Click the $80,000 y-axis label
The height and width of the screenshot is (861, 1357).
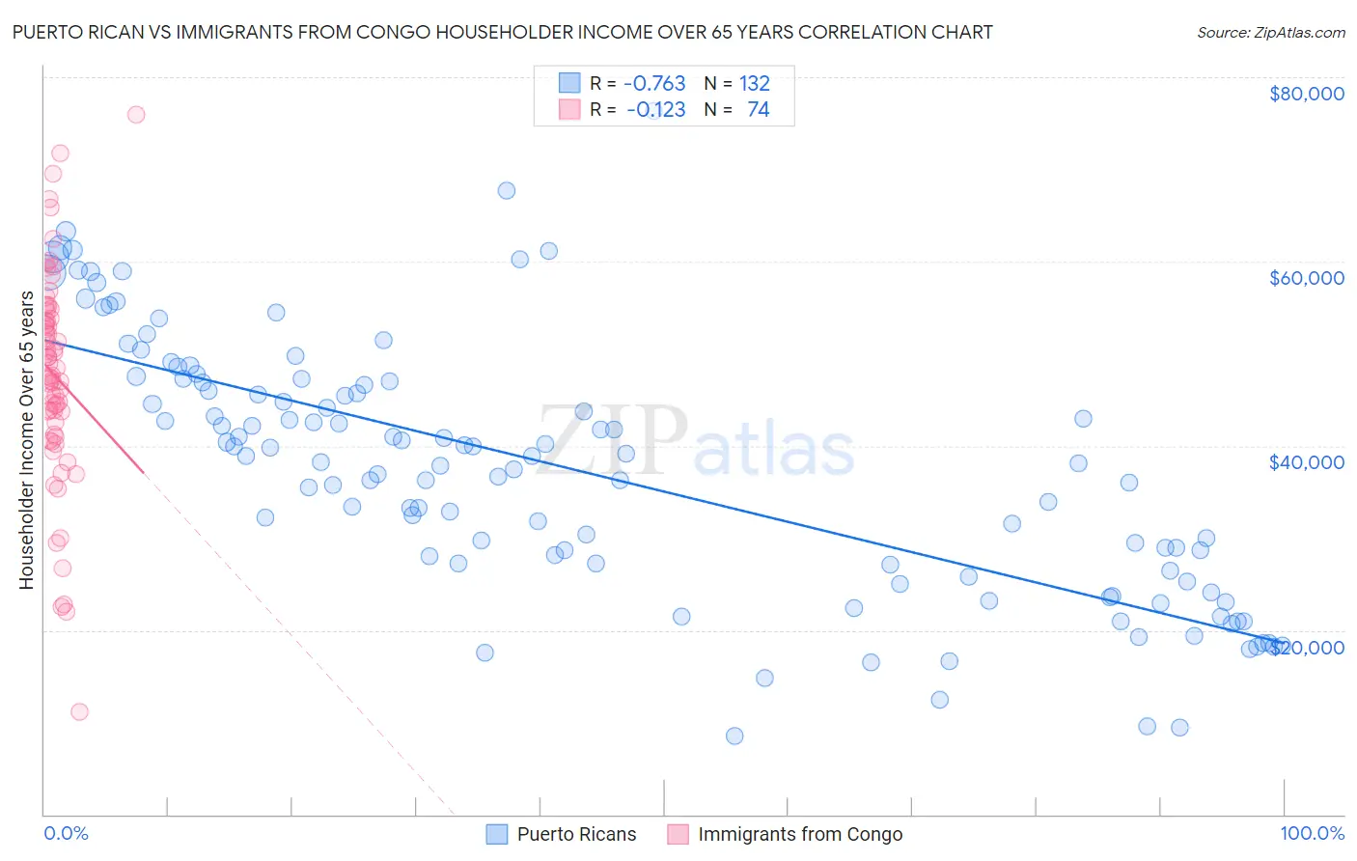pyautogui.click(x=1306, y=94)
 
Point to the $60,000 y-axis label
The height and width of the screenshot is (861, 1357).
pyautogui.click(x=1306, y=278)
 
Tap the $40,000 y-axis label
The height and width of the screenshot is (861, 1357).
pyautogui.click(x=1306, y=462)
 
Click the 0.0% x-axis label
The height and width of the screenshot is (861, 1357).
pyautogui.click(x=66, y=833)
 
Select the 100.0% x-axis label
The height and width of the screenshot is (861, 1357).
pyautogui.click(x=1312, y=833)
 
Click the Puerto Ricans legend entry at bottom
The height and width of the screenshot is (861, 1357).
pyautogui.click(x=576, y=834)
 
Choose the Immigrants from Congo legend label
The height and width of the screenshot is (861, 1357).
pyautogui.click(x=800, y=834)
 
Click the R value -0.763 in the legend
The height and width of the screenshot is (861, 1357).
pyautogui.click(x=654, y=83)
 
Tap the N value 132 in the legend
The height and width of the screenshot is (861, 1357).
pyautogui.click(x=754, y=83)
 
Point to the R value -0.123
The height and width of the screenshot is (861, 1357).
pyautogui.click(x=655, y=109)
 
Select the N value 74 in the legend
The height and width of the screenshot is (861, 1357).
pyautogui.click(x=758, y=109)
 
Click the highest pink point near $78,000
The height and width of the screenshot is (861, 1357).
pyautogui.click(x=136, y=115)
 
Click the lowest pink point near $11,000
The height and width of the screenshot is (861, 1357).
pyautogui.click(x=79, y=711)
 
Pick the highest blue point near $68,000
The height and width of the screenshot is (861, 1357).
pyautogui.click(x=506, y=190)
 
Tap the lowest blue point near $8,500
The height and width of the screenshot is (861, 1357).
pyautogui.click(x=734, y=736)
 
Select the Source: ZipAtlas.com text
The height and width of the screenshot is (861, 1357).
pyautogui.click(x=1270, y=32)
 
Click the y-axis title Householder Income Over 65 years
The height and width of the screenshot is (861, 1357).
pyautogui.click(x=26, y=440)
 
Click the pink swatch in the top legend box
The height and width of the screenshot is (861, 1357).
pyautogui.click(x=569, y=109)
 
